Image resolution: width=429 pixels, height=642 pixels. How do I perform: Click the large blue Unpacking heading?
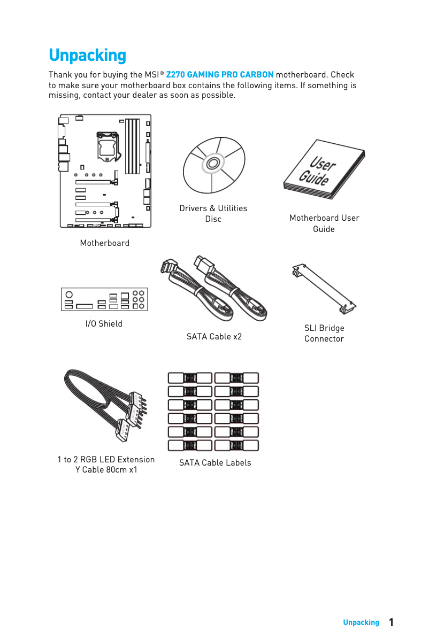[x=88, y=55]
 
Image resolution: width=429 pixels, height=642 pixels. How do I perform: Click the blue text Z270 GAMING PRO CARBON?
[x=220, y=74]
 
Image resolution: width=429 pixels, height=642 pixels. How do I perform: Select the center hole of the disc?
[x=213, y=164]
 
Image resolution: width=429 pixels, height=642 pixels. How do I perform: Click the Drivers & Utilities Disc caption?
[x=213, y=213]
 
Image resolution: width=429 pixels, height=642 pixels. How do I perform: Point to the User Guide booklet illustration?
[x=324, y=169]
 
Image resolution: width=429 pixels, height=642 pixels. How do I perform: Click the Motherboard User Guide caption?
[x=324, y=223]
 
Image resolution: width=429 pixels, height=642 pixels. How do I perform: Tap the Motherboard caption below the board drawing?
[x=105, y=243]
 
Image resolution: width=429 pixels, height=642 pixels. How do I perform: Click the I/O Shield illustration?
[x=104, y=299]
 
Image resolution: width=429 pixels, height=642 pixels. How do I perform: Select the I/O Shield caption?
[x=104, y=324]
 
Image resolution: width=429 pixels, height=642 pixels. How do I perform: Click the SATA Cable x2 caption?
[x=214, y=336]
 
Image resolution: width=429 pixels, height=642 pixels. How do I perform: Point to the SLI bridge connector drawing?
[x=324, y=289]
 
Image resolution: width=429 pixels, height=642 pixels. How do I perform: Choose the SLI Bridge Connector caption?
[x=324, y=334]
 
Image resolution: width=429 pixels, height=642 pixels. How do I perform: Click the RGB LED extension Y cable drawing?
[x=106, y=405]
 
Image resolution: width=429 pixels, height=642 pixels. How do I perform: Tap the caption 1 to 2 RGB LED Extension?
[x=106, y=459]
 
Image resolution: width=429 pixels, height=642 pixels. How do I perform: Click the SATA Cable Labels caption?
[x=215, y=462]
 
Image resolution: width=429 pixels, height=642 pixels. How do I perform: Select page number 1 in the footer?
[x=391, y=622]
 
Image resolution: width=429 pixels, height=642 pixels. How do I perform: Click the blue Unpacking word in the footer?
[x=361, y=622]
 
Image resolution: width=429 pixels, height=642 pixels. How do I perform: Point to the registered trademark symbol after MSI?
[x=162, y=73]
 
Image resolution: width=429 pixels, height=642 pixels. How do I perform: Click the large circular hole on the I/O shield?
[x=69, y=295]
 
